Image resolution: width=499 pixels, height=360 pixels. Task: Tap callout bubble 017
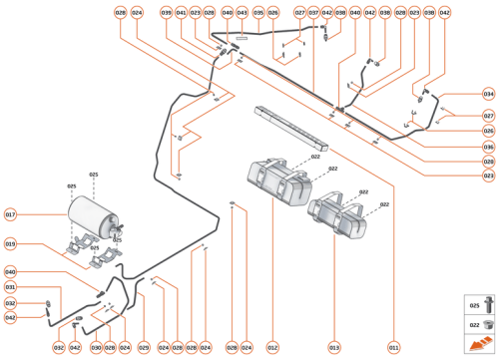click(11, 214)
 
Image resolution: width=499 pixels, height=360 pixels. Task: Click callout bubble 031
click(11, 287)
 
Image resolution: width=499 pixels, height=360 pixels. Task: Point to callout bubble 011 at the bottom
click(393, 347)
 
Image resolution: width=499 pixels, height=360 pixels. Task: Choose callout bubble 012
click(271, 347)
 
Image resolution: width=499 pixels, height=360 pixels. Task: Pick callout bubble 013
click(333, 347)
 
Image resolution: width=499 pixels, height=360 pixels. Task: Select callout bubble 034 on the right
click(488, 94)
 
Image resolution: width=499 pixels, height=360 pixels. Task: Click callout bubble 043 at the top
click(242, 13)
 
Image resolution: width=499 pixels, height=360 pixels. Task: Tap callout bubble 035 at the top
click(257, 13)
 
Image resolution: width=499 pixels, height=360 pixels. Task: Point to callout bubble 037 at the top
click(313, 13)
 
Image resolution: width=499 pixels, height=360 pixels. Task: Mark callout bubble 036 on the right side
click(488, 146)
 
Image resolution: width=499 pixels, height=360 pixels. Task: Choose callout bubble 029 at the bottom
click(143, 347)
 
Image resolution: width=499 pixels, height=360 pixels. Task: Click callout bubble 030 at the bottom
click(96, 347)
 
